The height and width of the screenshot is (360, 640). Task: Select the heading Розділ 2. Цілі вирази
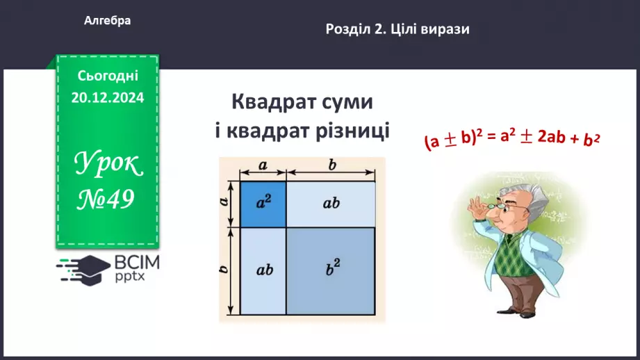click(397, 29)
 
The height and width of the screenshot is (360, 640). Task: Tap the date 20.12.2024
click(107, 97)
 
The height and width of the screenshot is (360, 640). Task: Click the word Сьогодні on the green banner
click(107, 75)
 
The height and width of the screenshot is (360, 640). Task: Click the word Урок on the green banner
click(108, 163)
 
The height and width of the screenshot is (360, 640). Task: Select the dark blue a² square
click(263, 204)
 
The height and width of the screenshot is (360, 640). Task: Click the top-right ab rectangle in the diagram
click(331, 204)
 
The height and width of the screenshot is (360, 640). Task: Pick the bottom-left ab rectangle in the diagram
click(263, 269)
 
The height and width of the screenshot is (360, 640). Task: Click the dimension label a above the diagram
click(263, 165)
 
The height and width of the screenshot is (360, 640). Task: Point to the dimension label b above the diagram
click(332, 165)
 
